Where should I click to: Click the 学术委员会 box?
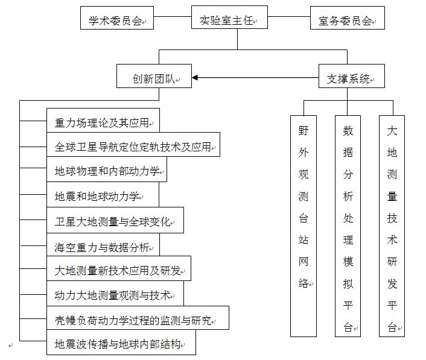(117, 18)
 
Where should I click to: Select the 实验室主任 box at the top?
(229, 17)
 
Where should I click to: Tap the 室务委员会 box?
(348, 18)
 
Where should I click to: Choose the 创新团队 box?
(154, 76)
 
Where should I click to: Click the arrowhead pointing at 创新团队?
(194, 78)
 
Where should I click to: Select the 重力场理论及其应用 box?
(103, 121)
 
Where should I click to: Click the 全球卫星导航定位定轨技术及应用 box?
(133, 145)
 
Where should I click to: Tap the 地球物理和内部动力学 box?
(107, 169)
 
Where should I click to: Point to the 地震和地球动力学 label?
(97, 197)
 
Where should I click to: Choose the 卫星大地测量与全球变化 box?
(115, 220)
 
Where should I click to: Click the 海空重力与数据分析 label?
(102, 247)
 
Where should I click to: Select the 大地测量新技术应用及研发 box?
(119, 268)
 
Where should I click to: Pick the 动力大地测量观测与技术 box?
(115, 294)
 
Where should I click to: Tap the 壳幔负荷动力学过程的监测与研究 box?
(138, 318)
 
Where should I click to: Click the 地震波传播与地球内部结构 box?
(121, 343)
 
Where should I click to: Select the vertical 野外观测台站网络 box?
(304, 226)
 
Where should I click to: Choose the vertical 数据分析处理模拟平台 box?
(348, 226)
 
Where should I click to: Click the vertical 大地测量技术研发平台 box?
(392, 226)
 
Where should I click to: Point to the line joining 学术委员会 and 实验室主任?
(173, 16)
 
